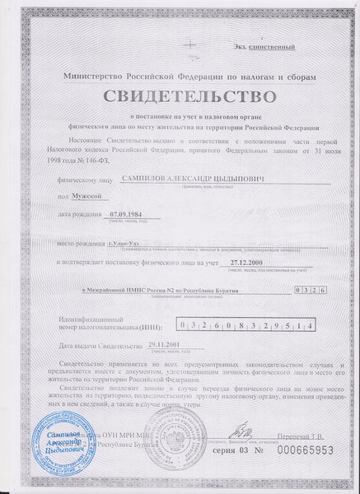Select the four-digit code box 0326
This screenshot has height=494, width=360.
pyautogui.click(x=310, y=291)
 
